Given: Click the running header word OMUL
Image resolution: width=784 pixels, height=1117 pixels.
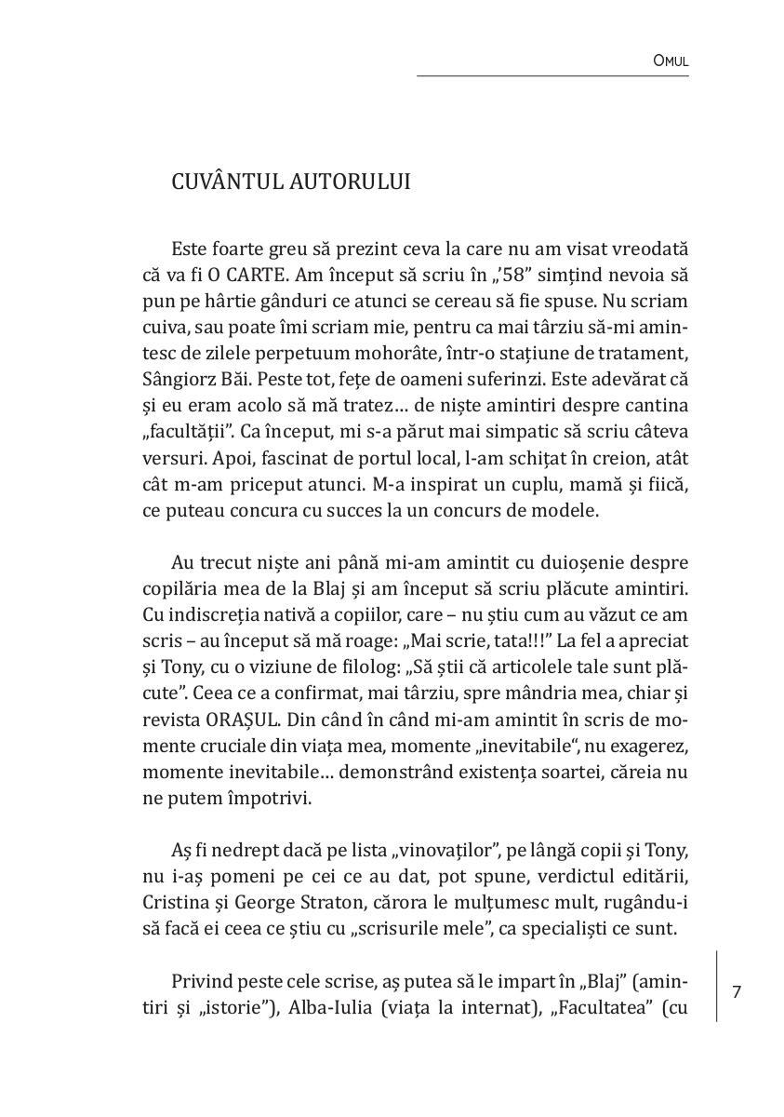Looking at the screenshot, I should [671, 61].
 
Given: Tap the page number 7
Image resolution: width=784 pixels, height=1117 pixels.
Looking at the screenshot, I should [737, 992].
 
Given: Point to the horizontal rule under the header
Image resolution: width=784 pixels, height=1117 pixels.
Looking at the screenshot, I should [552, 76].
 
